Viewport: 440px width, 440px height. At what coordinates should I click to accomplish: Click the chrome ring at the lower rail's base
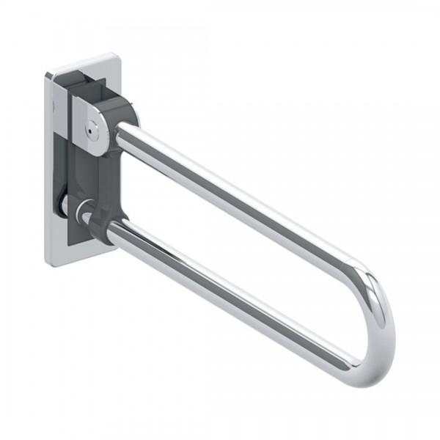click(89, 218)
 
